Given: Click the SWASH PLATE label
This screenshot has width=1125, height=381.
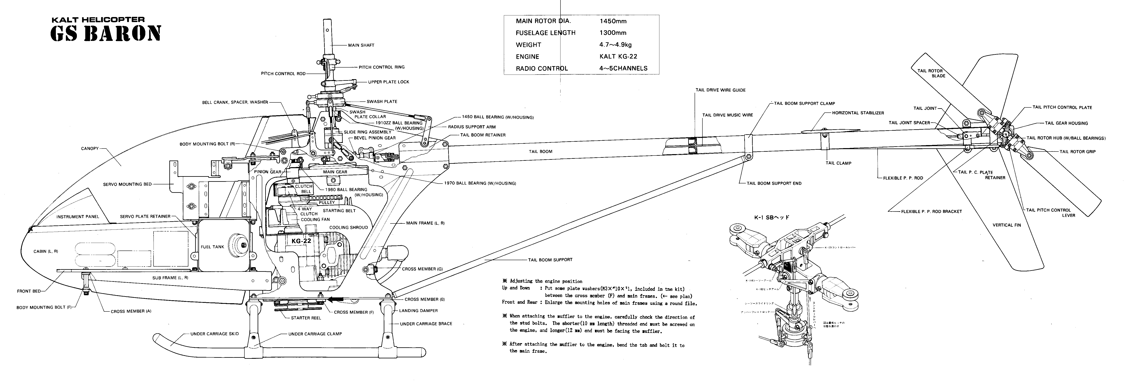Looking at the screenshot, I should (x=382, y=101).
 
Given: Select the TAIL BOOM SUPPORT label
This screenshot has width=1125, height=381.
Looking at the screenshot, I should (x=550, y=260).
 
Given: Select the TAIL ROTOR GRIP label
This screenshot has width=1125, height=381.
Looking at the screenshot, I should (x=1077, y=152).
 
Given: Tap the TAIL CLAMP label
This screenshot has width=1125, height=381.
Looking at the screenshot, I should (x=838, y=163).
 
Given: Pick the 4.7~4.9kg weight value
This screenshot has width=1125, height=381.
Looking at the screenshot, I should (x=615, y=45).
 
